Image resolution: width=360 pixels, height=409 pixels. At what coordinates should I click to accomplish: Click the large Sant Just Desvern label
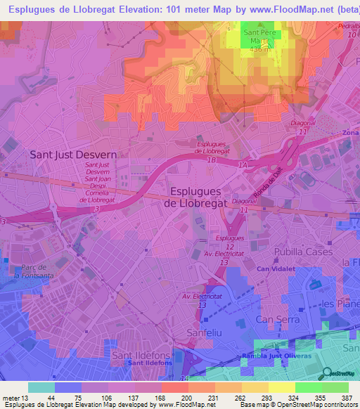70,153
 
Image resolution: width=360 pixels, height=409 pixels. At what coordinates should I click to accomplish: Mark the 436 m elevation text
259,50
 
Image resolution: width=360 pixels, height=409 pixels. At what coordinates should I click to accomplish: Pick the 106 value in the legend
105,398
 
